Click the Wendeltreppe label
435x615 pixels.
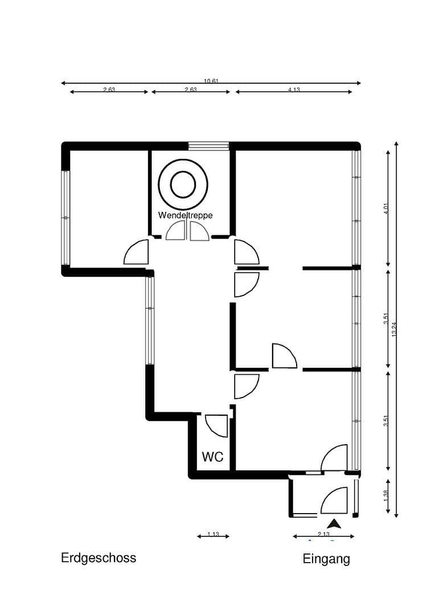(185, 215)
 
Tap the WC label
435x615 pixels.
(212, 457)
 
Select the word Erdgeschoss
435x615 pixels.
(99, 557)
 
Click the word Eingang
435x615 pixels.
(326, 559)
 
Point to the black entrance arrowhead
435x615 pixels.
(334, 524)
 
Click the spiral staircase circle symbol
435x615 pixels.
(183, 184)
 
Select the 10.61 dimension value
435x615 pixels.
(211, 81)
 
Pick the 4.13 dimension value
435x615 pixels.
(294, 89)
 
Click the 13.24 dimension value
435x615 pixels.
(394, 329)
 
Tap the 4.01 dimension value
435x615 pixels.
(385, 209)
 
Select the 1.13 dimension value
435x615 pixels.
(213, 534)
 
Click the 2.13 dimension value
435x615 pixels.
(323, 534)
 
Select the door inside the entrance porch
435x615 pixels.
(335, 501)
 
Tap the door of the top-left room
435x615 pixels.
(137, 252)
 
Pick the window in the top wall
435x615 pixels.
(208, 146)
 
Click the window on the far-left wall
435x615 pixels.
(65, 218)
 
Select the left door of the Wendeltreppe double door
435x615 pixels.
(176, 231)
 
